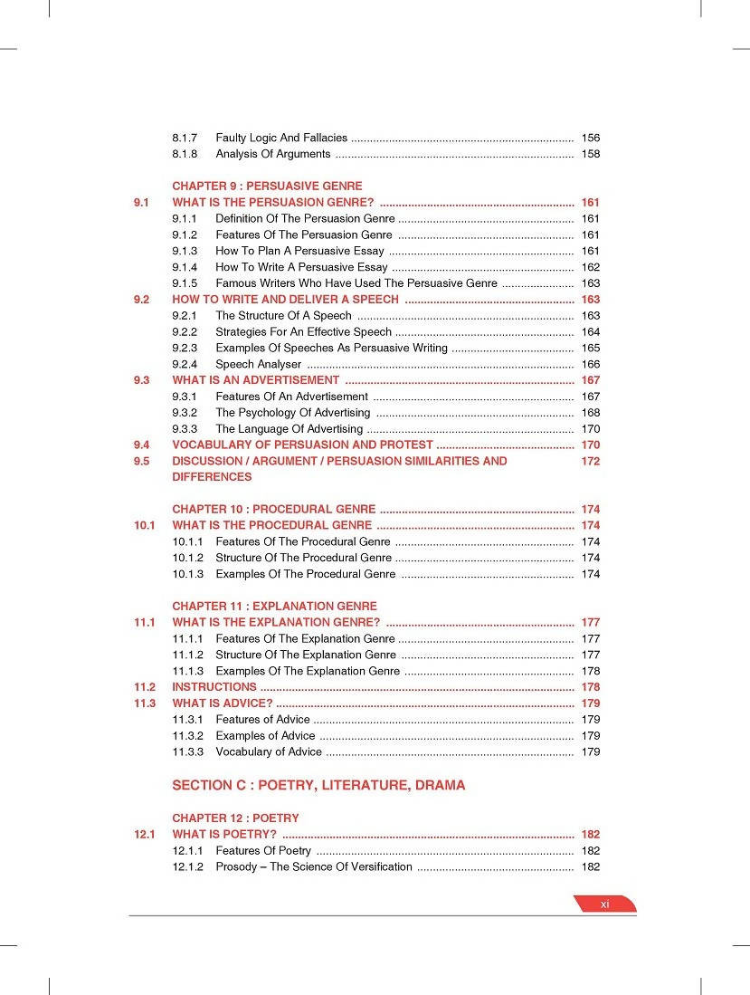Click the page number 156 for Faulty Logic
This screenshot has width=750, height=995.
tap(590, 138)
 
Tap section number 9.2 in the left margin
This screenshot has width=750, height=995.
tap(140, 300)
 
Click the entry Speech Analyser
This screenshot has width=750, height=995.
tap(258, 364)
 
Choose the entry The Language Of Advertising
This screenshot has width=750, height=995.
tap(289, 429)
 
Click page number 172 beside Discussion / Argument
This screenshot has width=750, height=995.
tap(590, 461)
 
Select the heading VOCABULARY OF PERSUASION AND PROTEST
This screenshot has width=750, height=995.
tap(302, 445)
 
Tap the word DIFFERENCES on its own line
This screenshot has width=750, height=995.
tap(212, 477)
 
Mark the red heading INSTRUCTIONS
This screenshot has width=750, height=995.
tap(214, 687)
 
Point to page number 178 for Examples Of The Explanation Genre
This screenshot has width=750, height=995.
tap(590, 671)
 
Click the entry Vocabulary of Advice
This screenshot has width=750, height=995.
tap(268, 751)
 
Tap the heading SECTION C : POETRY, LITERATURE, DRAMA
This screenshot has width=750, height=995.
tap(318, 785)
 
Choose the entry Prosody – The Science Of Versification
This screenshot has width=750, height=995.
tap(313, 866)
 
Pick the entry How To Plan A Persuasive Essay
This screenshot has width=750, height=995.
tap(299, 251)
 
